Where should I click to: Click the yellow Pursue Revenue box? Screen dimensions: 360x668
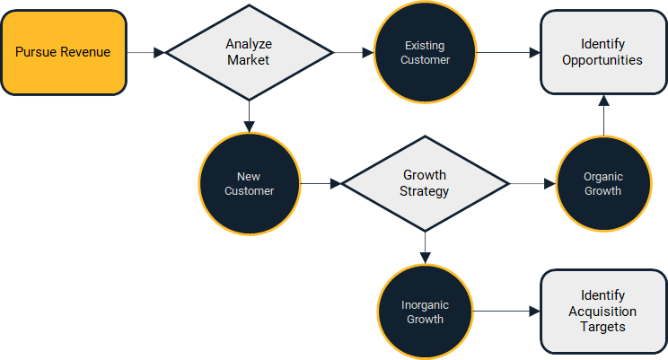pyautogui.click(x=63, y=52)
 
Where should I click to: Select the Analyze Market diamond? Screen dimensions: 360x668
pyautogui.click(x=249, y=52)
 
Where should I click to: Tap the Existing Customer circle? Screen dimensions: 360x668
pyautogui.click(x=426, y=52)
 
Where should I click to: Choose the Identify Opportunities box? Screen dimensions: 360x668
pyautogui.click(x=603, y=52)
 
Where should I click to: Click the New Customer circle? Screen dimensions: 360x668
pyautogui.click(x=249, y=183)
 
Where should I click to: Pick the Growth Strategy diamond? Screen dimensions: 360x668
pyautogui.click(x=425, y=183)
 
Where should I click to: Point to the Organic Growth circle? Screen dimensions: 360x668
pyautogui.click(x=602, y=183)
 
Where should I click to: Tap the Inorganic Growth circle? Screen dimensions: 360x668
pyautogui.click(x=425, y=312)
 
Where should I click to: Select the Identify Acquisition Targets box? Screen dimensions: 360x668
pyautogui.click(x=602, y=312)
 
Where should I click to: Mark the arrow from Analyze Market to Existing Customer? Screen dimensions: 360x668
pyautogui.click(x=354, y=52)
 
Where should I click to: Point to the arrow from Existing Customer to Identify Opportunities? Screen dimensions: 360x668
pyautogui.click(x=508, y=52)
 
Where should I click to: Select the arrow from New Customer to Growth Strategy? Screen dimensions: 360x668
pyautogui.click(x=321, y=183)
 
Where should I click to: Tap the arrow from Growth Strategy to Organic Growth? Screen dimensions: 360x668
pyautogui.click(x=532, y=183)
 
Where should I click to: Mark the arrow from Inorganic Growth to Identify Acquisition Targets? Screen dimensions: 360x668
pyautogui.click(x=506, y=312)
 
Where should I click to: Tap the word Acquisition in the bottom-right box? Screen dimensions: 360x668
pyautogui.click(x=602, y=312)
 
